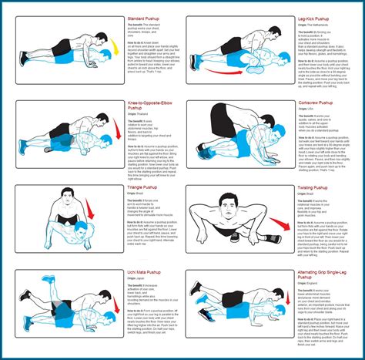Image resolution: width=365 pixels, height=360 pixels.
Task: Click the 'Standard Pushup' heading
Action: (145, 18)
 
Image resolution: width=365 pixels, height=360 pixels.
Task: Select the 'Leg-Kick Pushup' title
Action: (314, 18)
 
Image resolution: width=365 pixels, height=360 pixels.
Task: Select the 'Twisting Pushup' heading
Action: (313, 187)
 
